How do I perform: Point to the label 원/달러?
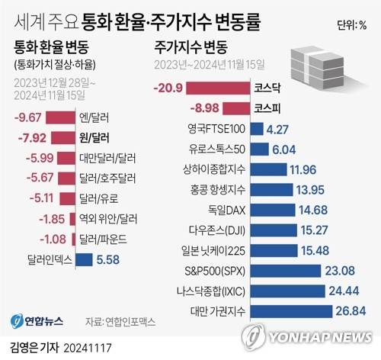94,138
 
